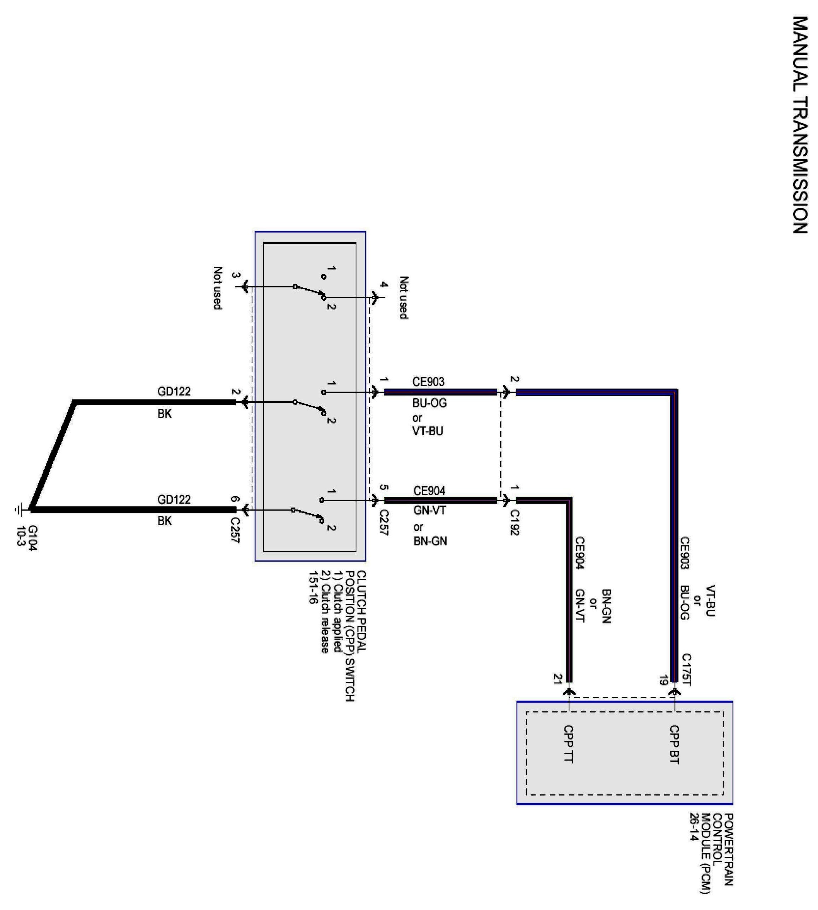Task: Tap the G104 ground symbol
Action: (19, 510)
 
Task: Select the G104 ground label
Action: (33, 538)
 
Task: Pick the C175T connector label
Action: (686, 670)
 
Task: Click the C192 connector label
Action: (515, 522)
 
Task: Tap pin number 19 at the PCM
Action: (663, 681)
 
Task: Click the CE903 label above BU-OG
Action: (428, 382)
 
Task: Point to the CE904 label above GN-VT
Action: (429, 491)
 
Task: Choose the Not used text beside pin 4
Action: (404, 298)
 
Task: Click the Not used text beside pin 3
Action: (218, 288)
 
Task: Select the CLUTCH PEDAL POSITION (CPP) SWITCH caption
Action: (355, 635)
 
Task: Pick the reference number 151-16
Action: (313, 587)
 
